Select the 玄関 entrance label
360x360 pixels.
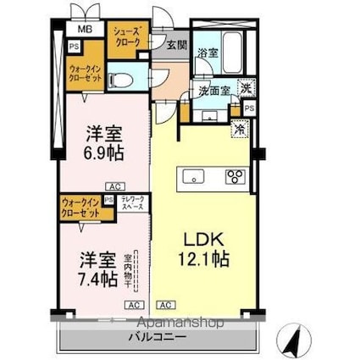click(175, 45)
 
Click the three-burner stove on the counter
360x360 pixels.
click(234, 178)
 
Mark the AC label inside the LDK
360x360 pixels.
click(165, 303)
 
